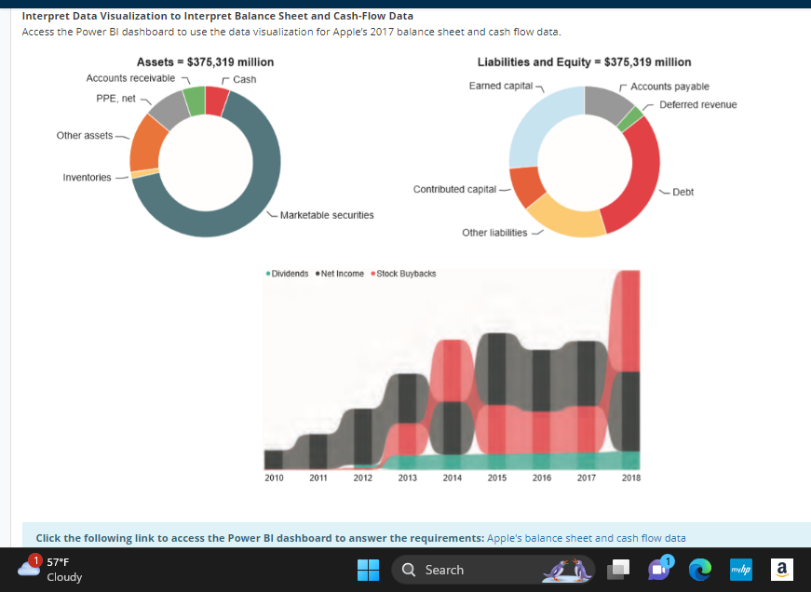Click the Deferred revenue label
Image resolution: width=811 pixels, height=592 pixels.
pos(697,104)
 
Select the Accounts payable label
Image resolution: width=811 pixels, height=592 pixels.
pos(669,87)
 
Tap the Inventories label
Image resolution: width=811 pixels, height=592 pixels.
pos(87,177)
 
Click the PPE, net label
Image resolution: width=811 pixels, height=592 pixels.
pos(115,98)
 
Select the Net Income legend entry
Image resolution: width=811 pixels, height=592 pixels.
pos(342,274)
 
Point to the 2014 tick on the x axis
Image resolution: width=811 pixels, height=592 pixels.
pos(453,478)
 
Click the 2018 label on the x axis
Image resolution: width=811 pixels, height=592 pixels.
pos(631,478)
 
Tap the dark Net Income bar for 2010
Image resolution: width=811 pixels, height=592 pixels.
pos(274,459)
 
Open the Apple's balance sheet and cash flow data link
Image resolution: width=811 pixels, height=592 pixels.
pos(586,538)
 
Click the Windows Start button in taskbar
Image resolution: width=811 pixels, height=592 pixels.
pos(369,570)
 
